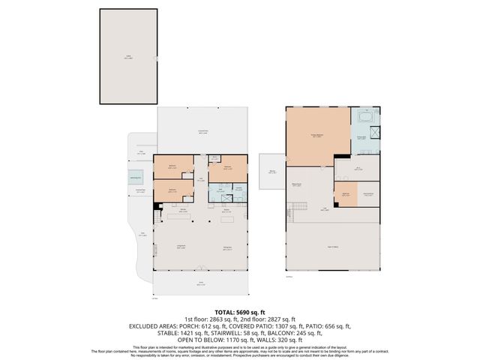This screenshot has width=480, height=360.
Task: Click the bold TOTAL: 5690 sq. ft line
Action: point(239,310)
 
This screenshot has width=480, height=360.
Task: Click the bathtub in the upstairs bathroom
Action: point(366,118)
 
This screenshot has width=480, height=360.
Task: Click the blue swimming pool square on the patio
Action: point(136,178)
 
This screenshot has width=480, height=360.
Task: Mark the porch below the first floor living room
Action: point(200,283)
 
